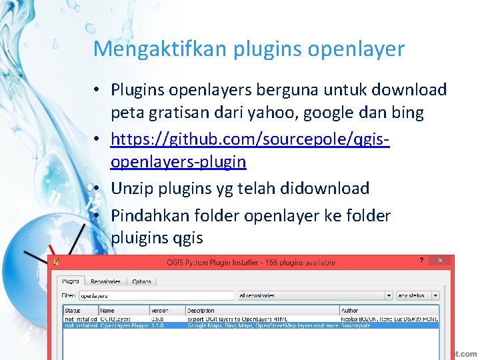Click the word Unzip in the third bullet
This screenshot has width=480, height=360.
point(131,189)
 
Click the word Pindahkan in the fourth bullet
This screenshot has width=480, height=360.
point(149,216)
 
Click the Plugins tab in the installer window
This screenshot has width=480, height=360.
point(71,281)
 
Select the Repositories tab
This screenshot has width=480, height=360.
point(105,281)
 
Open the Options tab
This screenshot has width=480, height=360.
point(141,281)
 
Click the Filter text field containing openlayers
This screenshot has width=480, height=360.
point(157,295)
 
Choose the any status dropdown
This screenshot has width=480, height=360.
point(417,295)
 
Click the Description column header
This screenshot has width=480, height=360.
point(201,311)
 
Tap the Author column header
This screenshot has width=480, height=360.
point(349,311)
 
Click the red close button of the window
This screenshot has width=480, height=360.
point(440,261)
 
